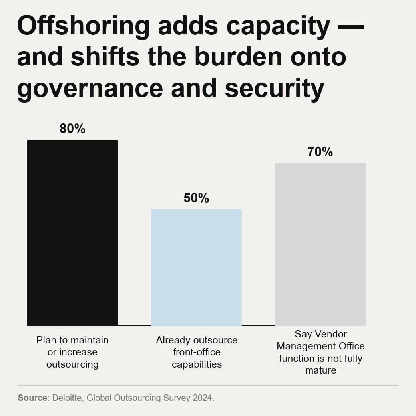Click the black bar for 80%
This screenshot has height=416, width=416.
coord(72,233)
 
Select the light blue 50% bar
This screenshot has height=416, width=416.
coord(196,267)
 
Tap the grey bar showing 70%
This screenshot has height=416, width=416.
coord(320,244)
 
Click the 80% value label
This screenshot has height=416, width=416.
coord(72,129)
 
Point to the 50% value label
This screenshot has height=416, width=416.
coord(196,198)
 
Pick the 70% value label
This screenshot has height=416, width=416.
coord(320,152)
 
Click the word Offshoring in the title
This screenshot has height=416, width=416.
coord(83,26)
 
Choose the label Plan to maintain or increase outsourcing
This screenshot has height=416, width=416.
coord(72,352)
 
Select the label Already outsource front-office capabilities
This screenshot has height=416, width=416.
coord(197,352)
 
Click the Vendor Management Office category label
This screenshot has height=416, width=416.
coord(320,352)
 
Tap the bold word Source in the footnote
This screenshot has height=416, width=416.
coord(32,398)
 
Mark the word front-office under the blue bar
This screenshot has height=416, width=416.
coord(197,352)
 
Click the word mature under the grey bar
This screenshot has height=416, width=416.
coord(320,370)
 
